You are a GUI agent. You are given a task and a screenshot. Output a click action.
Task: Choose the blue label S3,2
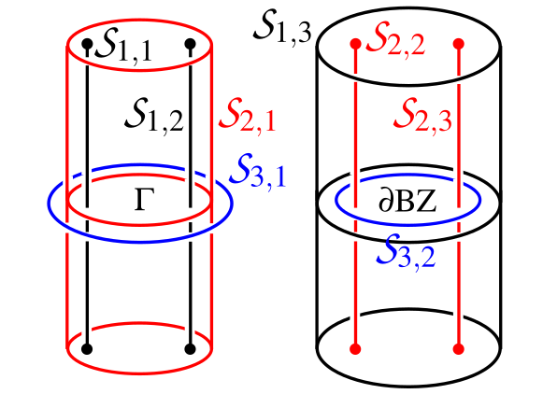click(406, 247)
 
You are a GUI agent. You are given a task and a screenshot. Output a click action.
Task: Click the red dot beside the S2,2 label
click(355, 44)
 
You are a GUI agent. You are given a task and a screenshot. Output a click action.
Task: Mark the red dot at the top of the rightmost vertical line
click(458, 44)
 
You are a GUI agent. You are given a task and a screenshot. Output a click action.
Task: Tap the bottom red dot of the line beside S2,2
click(355, 349)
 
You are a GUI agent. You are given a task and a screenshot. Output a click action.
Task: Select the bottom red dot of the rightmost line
click(458, 349)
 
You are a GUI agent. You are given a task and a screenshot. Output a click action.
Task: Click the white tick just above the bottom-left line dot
click(355, 317)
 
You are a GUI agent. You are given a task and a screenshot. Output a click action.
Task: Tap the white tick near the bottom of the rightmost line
click(458, 315)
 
